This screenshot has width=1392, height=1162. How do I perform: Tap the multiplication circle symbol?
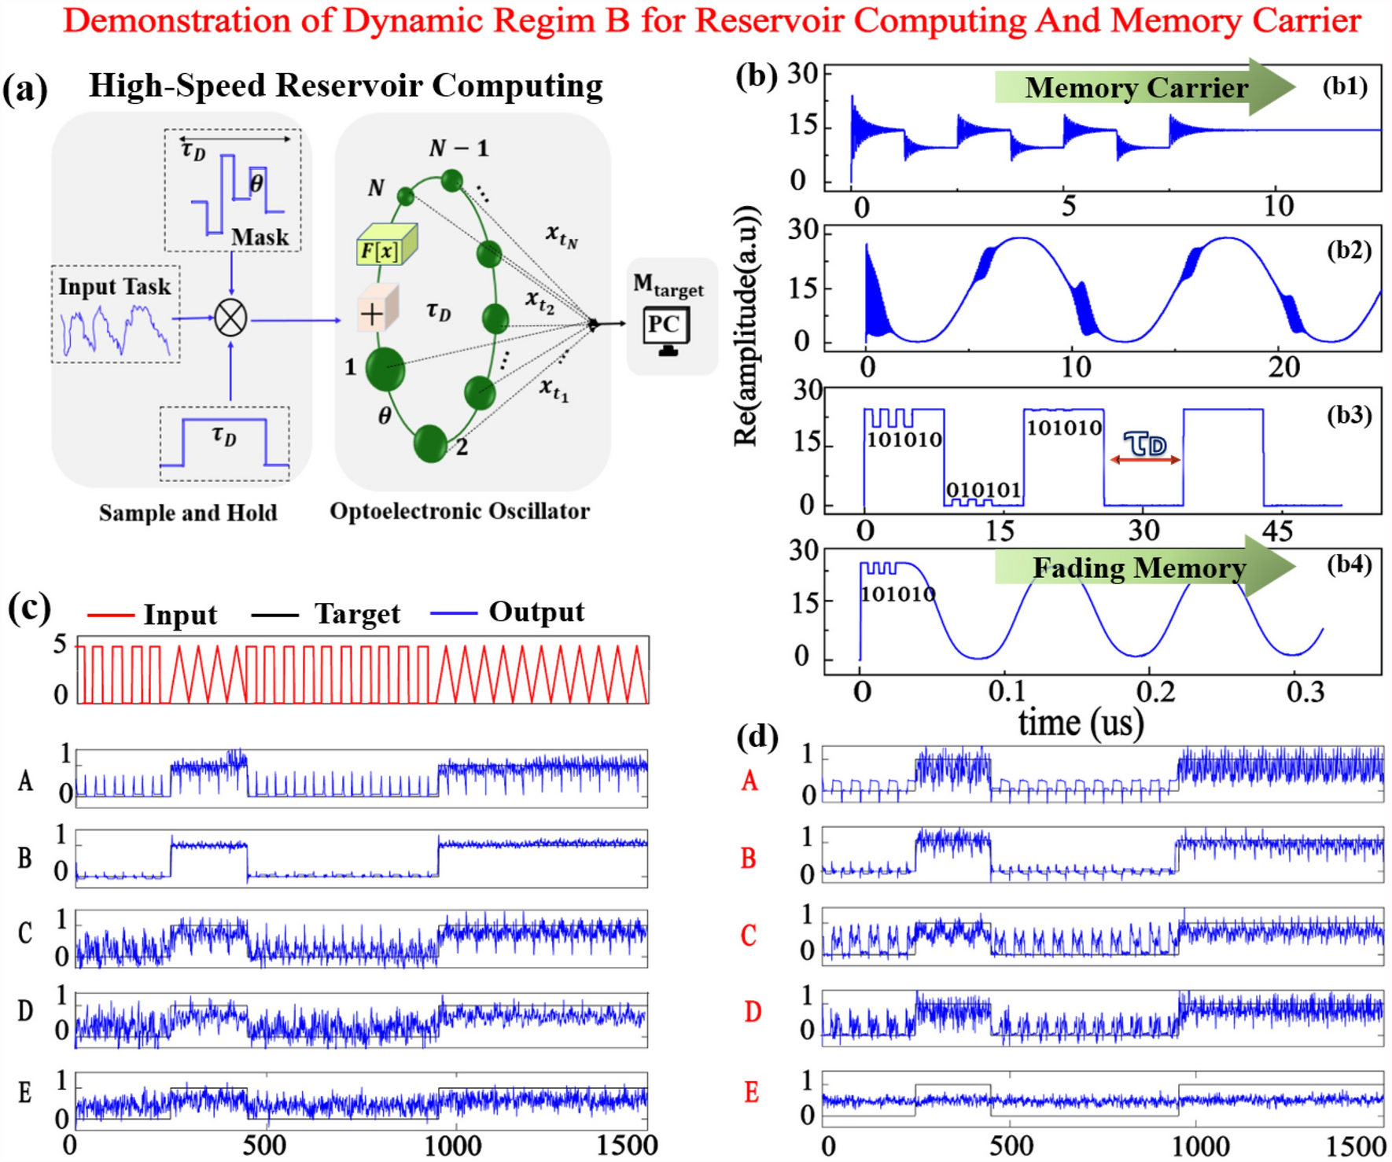point(230,318)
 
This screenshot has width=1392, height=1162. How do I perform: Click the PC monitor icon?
point(666,329)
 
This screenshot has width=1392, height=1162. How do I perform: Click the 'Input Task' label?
point(115,287)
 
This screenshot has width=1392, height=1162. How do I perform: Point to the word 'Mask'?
point(260,237)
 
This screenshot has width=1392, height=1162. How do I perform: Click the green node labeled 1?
point(385,369)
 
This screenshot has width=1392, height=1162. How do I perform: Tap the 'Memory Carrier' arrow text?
point(1136,88)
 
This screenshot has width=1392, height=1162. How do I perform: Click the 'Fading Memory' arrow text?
point(1139,568)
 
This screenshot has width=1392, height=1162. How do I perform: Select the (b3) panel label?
point(1349,414)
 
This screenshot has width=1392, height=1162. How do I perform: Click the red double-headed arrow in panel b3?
point(1145,460)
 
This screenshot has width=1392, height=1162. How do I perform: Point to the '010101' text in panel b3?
point(983,490)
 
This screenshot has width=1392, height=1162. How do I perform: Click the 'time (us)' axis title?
point(1081,722)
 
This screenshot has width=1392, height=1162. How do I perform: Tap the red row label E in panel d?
point(751,1092)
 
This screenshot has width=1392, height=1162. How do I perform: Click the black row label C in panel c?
point(25,933)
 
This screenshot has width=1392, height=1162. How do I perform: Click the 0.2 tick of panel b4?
point(1155,692)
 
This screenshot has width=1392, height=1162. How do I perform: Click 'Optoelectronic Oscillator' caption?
point(459,512)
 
